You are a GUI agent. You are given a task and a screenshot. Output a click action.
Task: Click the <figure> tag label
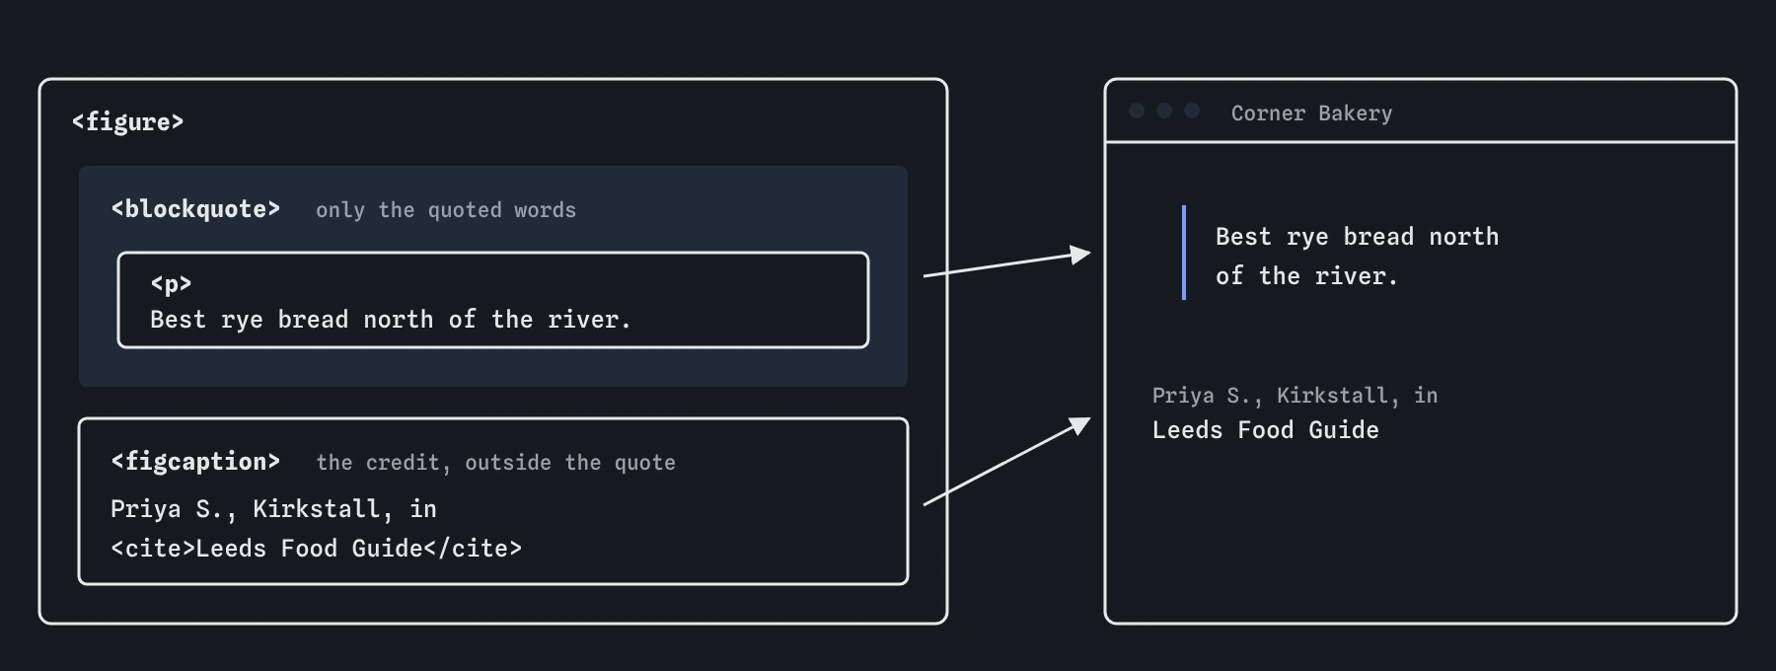(127, 121)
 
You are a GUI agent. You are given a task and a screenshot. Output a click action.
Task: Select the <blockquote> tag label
(195, 209)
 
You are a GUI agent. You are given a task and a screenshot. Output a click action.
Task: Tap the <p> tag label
(171, 284)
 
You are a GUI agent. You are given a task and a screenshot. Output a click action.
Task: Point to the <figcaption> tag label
(195, 462)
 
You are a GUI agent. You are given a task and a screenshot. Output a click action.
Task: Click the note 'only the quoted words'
(446, 210)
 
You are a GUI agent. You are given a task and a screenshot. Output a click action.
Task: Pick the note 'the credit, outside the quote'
(495, 463)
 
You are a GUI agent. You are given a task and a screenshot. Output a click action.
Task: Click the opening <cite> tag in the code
(153, 549)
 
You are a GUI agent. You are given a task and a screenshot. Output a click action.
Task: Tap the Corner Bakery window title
(1311, 113)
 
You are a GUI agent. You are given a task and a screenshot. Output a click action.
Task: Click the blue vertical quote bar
(1184, 253)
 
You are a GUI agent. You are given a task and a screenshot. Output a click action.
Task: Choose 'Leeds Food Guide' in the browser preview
(1266, 430)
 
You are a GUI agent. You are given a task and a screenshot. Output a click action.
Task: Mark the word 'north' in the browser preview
(1464, 237)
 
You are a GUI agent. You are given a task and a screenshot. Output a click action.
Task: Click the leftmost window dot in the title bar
(1137, 111)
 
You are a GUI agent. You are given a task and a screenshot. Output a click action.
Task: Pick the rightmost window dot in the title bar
(1192, 111)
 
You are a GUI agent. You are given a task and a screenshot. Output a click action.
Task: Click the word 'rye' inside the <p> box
(242, 321)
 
